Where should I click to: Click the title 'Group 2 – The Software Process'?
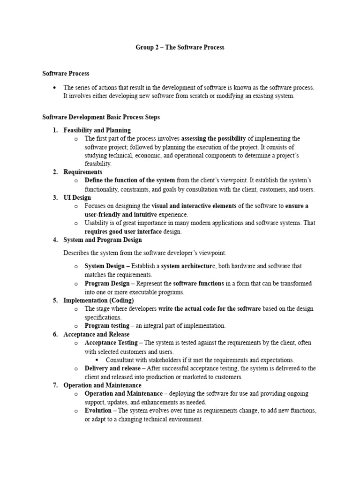[180, 47]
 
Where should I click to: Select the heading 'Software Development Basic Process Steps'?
[101, 117]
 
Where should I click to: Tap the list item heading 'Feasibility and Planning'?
[97, 130]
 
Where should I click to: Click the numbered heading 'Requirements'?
[82, 172]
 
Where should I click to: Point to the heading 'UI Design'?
[77, 197]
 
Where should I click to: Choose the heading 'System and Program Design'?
[102, 240]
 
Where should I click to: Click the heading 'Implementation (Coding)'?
[98, 300]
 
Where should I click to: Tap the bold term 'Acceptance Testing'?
[111, 343]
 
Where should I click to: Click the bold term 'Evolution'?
[98, 411]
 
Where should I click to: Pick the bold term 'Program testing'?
[107, 325]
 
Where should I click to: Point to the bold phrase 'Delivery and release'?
[112, 368]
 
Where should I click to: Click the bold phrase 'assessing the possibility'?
[213, 138]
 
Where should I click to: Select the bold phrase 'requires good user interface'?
[123, 231]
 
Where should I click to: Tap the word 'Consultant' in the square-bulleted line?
[120, 360]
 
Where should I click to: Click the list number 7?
[55, 385]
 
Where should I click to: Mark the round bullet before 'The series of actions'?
[55, 87]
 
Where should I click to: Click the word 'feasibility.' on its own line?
[98, 164]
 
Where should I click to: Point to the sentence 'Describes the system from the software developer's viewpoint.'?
[145, 253]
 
